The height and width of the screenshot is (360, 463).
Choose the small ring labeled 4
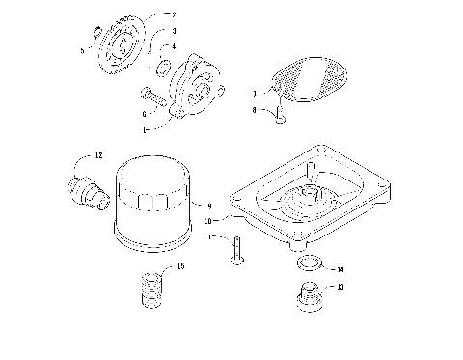point(165,69)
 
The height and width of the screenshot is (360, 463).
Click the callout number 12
point(97,154)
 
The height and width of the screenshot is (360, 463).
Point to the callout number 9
point(209,206)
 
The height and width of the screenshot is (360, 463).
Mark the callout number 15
point(178,266)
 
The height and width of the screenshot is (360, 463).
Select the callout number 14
point(340,269)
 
